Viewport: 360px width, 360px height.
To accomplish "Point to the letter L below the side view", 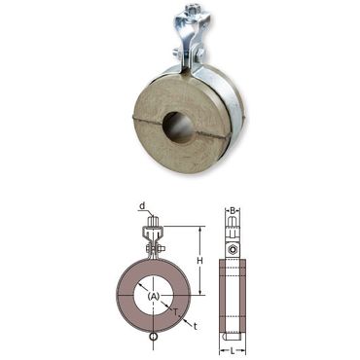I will [232, 348].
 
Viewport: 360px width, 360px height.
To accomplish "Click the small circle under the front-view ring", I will [154, 339].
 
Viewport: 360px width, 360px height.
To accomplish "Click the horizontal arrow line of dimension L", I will [232, 340].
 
